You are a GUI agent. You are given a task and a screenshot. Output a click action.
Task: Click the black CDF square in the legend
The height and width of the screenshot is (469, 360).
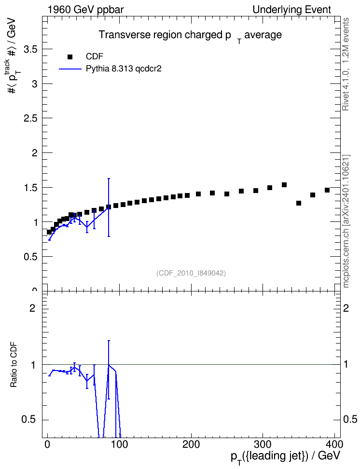click(70, 56)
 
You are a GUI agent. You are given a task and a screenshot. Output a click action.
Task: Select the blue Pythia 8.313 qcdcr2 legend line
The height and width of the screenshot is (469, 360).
click(70, 69)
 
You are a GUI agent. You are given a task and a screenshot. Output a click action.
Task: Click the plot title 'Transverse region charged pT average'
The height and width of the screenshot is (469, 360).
click(190, 36)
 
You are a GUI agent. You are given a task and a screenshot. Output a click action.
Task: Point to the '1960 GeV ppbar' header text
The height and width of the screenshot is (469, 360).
click(85, 10)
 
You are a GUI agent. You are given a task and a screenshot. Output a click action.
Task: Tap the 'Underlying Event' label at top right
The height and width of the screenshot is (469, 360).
click(292, 10)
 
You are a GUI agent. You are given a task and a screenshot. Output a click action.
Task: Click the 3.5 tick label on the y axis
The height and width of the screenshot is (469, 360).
click(30, 49)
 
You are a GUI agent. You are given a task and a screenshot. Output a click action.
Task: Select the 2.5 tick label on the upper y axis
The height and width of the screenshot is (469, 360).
click(30, 118)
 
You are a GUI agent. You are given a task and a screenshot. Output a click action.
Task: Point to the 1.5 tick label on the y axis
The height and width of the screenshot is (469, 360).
click(30, 188)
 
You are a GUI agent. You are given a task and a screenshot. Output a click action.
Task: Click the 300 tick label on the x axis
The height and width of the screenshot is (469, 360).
click(263, 444)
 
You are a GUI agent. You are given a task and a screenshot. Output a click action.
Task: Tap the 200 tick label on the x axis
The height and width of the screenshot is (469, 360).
click(191, 444)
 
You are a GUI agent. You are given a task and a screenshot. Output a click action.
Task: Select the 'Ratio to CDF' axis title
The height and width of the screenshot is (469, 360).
click(14, 365)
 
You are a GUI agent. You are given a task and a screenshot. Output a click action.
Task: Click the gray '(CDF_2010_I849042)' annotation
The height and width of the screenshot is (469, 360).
click(191, 273)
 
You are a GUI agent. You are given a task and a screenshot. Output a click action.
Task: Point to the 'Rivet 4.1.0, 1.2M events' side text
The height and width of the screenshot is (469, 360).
click(346, 64)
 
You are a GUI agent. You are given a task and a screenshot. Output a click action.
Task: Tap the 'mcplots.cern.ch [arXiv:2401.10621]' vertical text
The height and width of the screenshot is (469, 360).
click(346, 221)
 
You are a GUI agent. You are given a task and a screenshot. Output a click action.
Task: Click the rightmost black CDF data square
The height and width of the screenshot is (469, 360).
click(327, 190)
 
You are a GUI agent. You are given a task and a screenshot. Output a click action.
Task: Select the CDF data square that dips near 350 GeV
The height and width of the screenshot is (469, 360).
click(299, 203)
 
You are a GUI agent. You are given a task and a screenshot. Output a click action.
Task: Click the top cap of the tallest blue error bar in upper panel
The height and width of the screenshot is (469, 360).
click(109, 179)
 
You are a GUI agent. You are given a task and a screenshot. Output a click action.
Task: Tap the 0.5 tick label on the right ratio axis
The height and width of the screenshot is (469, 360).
click(350, 419)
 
